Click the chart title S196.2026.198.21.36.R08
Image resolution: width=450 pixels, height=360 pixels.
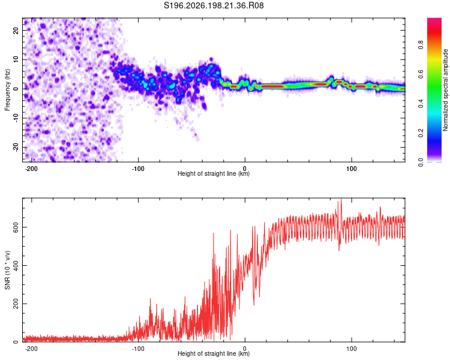(214, 5)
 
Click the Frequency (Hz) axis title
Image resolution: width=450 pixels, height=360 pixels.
(7, 90)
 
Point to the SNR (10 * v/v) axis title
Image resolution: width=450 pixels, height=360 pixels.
(7, 270)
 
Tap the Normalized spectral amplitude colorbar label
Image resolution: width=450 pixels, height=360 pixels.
(445, 90)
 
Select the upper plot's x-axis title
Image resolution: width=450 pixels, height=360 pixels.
(214, 173)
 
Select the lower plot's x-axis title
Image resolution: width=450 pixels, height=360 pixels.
(214, 353)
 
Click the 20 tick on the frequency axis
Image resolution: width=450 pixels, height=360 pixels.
(16, 30)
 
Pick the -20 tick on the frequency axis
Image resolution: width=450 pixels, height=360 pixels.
(16, 147)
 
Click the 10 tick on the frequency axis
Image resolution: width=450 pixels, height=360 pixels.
(16, 59)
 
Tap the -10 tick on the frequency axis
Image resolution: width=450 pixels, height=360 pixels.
(16, 118)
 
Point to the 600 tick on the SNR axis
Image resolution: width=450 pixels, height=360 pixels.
(16, 227)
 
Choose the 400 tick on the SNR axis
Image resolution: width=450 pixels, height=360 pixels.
(16, 265)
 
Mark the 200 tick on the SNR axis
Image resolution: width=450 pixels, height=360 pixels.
(16, 304)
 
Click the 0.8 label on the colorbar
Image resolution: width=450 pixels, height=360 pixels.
(421, 45)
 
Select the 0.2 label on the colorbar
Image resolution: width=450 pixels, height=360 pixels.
(421, 133)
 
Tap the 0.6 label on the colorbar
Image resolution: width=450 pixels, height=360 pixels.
(421, 74)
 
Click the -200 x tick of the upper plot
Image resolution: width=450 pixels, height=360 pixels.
(31, 169)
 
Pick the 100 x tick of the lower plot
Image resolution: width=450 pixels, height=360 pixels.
(351, 349)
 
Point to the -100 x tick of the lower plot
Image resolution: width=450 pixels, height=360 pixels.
(138, 349)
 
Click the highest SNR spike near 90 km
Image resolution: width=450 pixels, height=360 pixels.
(341, 199)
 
